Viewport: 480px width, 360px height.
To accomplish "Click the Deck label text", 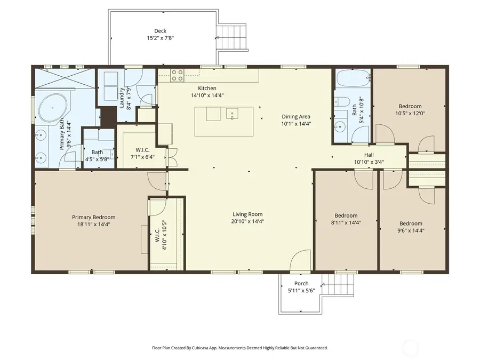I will pos(161,31).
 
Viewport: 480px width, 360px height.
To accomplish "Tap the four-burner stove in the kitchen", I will pos(177,75).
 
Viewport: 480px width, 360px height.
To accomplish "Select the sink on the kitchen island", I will pos(233,114).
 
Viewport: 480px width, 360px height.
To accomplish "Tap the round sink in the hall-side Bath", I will pos(340,127).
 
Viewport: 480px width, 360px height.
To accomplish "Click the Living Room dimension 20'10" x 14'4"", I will pos(247,221).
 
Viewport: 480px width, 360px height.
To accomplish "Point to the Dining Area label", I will pos(296,117).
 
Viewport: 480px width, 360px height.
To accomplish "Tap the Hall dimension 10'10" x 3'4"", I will pos(369,162).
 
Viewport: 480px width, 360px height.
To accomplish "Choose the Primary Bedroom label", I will pos(93,217).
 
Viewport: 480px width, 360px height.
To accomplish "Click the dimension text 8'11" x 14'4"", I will pos(346,223).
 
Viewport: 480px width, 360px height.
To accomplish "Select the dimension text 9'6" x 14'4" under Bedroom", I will pos(411,230).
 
